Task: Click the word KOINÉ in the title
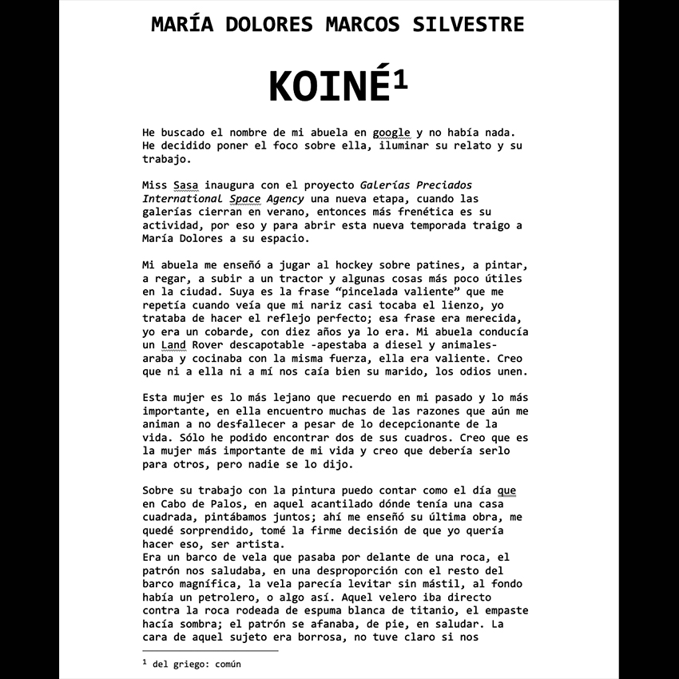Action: pyautogui.click(x=330, y=86)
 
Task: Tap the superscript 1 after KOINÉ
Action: pyautogui.click(x=400, y=80)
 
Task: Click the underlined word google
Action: pyautogui.click(x=391, y=132)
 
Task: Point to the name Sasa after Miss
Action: pyautogui.click(x=185, y=185)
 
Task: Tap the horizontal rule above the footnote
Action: pyautogui.click(x=209, y=651)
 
